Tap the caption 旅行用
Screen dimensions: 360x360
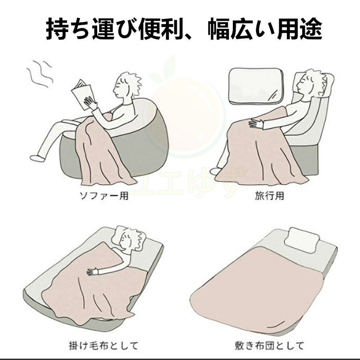270,196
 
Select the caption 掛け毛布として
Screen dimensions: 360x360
104,346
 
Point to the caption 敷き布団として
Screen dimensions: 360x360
270,346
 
